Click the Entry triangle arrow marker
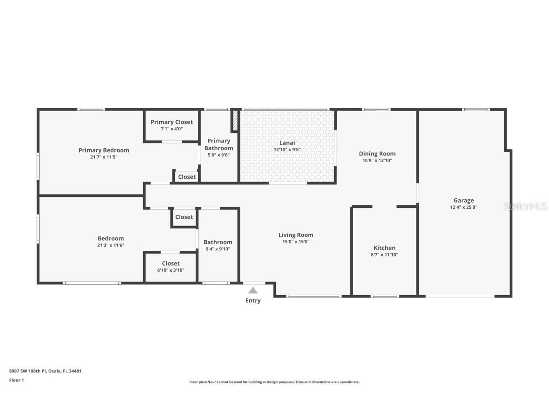(x=253, y=290)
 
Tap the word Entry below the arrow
(x=253, y=300)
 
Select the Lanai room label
(x=287, y=143)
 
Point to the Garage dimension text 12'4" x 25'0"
(x=463, y=207)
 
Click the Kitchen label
(x=384, y=248)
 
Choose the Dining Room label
(x=377, y=154)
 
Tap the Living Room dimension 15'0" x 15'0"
(x=295, y=242)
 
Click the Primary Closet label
(x=172, y=122)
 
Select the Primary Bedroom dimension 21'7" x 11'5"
(x=104, y=157)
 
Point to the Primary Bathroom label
(x=219, y=144)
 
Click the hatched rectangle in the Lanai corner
(x=235, y=121)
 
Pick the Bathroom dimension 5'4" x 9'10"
(x=218, y=249)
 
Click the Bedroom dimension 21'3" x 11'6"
(x=111, y=245)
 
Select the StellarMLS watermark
(x=526, y=206)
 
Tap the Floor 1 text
(x=16, y=380)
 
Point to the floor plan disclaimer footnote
(x=274, y=382)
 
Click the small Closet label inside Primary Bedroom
(x=186, y=177)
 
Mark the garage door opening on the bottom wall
(x=459, y=297)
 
